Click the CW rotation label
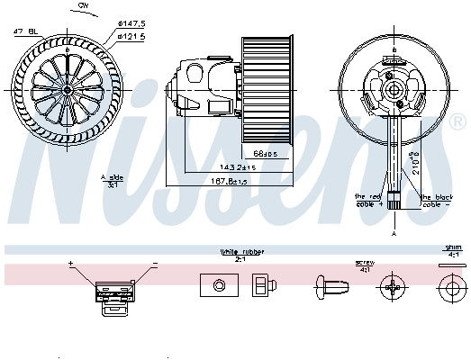pos(84,6)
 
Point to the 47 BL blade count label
pos(24,31)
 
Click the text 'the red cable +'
pos(370,200)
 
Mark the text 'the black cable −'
pos(437,200)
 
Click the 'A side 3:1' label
pos(111,180)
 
